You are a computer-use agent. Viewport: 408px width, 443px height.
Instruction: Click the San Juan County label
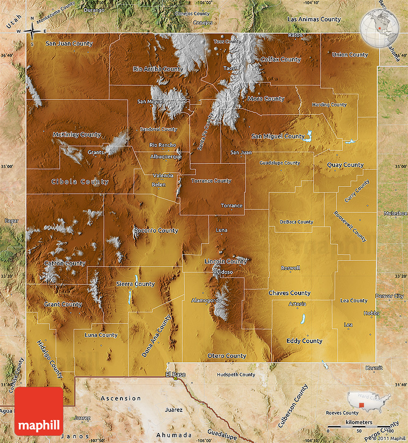tap(69, 44)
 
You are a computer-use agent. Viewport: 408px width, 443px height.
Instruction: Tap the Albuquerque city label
tap(166, 156)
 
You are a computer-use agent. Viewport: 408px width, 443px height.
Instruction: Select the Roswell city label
tap(290, 268)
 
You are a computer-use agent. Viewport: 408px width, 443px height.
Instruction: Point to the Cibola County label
tap(80, 182)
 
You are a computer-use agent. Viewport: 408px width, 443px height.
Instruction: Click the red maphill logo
tap(39, 412)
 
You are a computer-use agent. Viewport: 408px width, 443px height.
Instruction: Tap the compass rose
tap(32, 32)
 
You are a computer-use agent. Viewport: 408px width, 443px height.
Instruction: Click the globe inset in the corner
tap(380, 27)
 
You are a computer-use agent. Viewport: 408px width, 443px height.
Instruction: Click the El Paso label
tap(175, 374)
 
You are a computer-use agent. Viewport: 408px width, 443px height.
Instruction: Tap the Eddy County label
tap(304, 341)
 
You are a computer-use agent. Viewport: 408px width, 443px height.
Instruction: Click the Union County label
tap(349, 55)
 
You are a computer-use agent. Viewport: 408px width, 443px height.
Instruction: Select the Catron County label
tap(65, 263)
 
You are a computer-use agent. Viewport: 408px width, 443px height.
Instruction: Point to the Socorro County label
tap(156, 230)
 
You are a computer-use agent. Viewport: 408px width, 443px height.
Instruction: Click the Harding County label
tap(329, 105)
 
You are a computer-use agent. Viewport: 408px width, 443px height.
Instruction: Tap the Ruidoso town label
tap(223, 272)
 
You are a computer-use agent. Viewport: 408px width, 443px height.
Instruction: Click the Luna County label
tap(101, 335)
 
